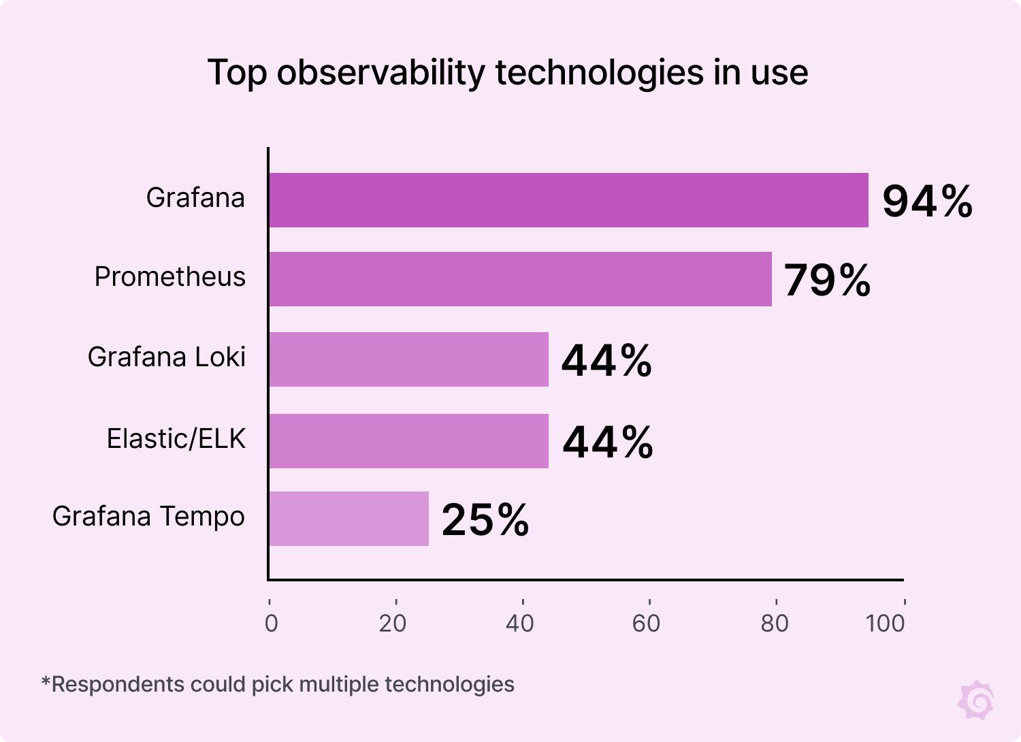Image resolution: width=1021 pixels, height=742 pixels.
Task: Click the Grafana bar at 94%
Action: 568,200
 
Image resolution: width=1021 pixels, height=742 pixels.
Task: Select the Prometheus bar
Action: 520,279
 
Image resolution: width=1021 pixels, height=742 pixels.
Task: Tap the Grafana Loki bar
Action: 408,359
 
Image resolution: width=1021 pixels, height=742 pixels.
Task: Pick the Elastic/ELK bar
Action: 408,441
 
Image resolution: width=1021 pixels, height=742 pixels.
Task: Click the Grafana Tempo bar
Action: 349,519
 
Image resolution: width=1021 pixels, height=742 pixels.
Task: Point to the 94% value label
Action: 927,201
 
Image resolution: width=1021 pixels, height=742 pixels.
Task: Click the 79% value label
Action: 827,280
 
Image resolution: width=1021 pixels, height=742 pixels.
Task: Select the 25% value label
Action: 485,520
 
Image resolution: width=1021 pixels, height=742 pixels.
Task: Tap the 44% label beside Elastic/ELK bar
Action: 608,442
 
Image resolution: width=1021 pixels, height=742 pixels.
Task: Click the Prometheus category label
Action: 169,277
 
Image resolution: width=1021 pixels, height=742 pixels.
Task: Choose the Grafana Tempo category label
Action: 148,516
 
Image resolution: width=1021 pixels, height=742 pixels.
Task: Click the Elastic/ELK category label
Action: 176,438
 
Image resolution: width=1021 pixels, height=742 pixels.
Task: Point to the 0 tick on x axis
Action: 271,623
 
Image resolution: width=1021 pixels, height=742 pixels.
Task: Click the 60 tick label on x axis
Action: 646,623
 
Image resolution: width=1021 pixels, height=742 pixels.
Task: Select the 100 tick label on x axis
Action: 885,623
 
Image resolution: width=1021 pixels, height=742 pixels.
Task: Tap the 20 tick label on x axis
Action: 393,623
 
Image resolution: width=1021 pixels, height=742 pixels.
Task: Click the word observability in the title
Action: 381,73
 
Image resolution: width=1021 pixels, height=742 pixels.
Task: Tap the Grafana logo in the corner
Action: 976,699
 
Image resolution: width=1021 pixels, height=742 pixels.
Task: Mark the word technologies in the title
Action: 600,73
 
